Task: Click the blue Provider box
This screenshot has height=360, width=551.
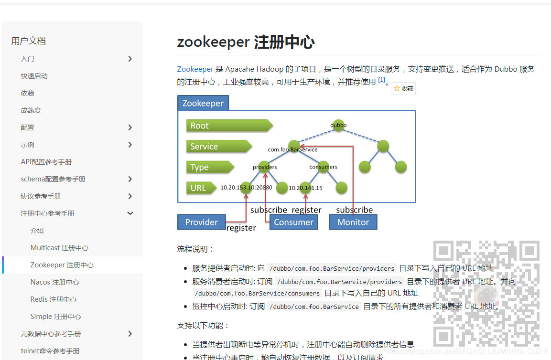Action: click(201, 222)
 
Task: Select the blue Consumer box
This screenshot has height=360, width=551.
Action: click(293, 222)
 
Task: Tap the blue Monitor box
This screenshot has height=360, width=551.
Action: click(353, 222)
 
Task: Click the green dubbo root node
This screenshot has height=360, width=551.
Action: click(338, 125)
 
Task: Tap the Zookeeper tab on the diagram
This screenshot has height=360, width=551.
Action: click(203, 103)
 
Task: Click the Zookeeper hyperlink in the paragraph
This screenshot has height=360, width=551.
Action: click(195, 69)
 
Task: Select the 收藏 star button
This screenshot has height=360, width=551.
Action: click(403, 88)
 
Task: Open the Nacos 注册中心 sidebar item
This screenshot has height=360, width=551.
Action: click(54, 282)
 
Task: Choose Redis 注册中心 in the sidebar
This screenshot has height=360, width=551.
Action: click(53, 299)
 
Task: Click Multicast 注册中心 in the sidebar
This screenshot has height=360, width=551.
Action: click(59, 248)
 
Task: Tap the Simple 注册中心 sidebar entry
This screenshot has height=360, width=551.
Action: click(55, 317)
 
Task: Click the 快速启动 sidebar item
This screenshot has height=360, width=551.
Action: click(34, 76)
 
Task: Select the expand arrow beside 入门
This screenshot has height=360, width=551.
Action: click(130, 59)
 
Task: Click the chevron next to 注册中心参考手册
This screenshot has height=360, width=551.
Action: click(130, 213)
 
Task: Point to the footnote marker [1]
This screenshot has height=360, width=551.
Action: click(381, 80)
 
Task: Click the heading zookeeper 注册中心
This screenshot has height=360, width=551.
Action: click(246, 42)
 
